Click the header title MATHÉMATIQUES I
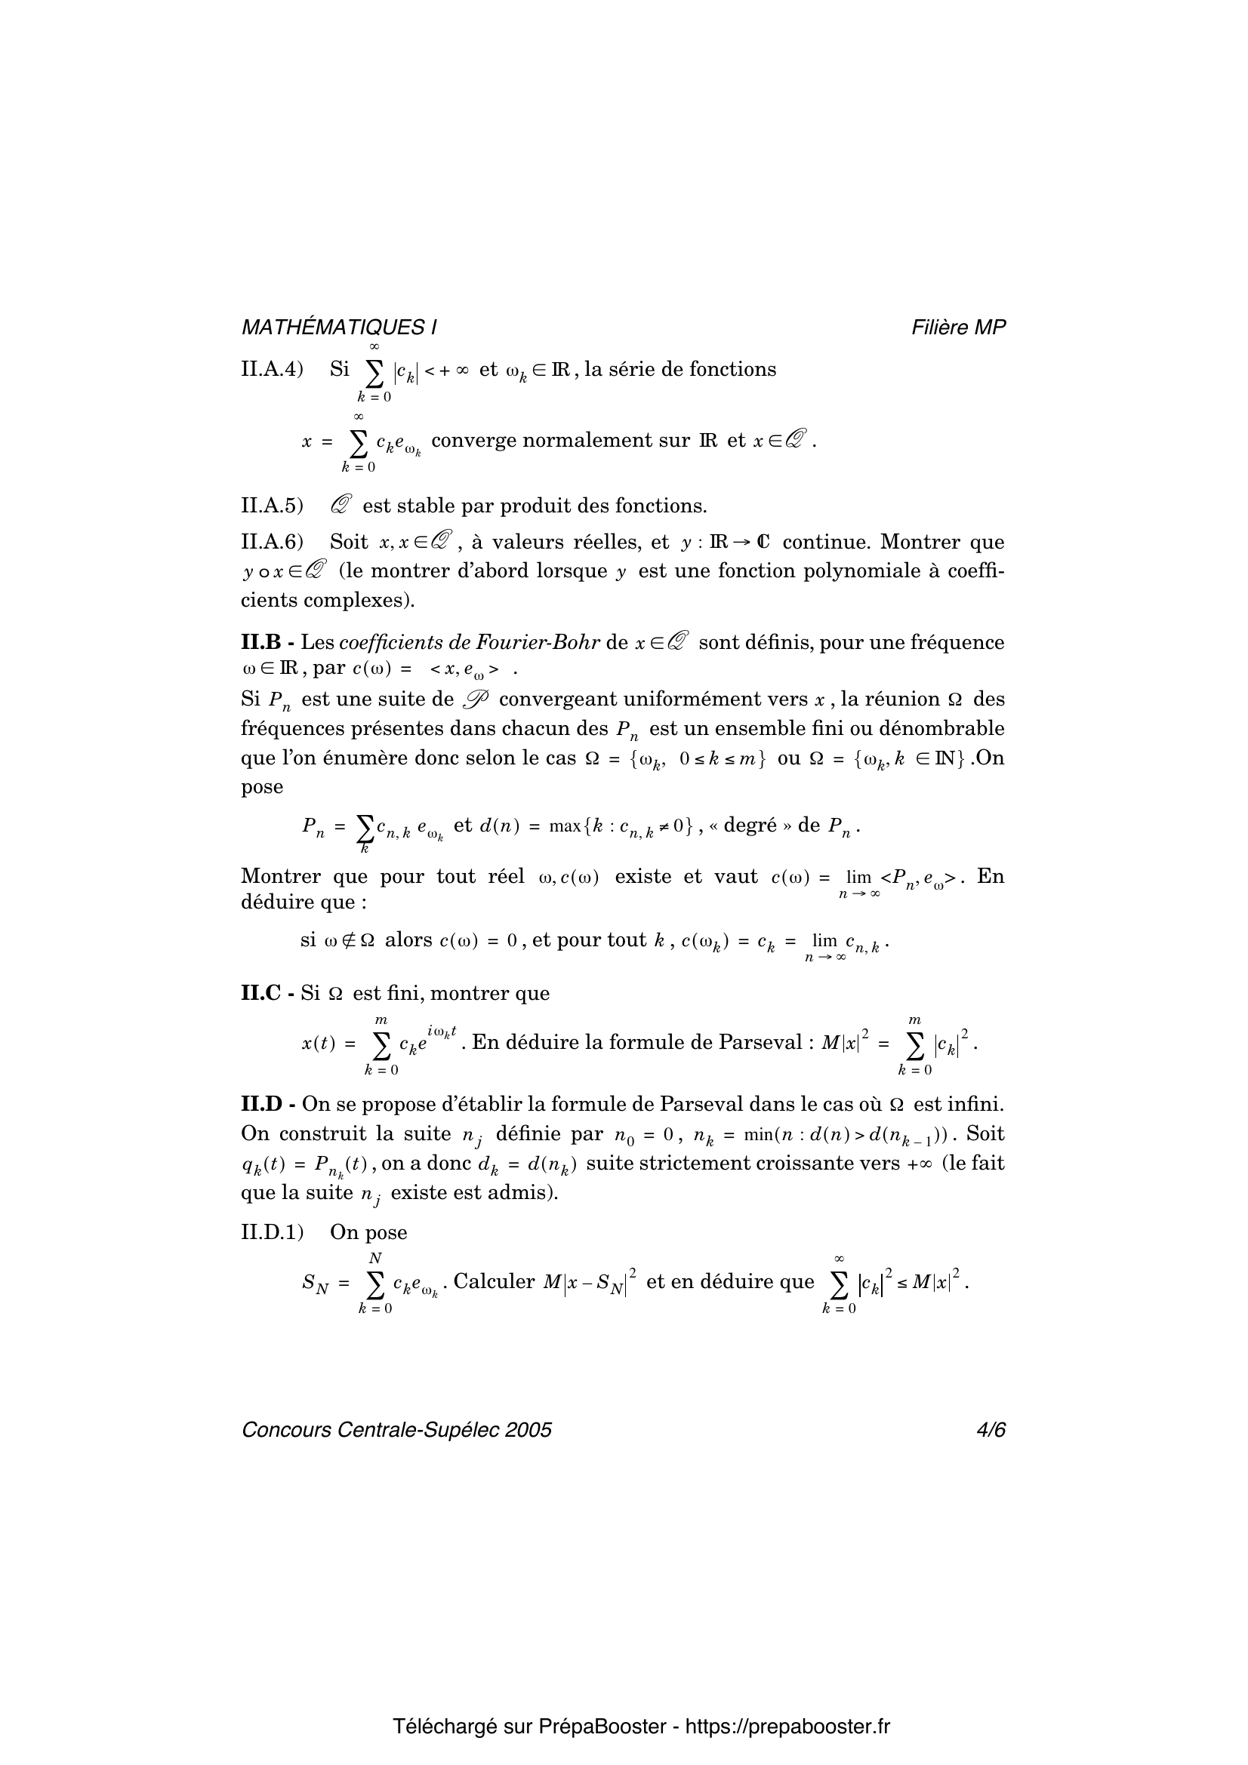pos(339,327)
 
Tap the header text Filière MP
pos(958,327)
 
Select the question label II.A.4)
pos(273,370)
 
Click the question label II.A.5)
pos(273,506)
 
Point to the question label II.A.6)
pos(273,542)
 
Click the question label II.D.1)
pos(273,1232)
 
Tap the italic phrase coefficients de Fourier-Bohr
pos(469,642)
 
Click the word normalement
pos(591,441)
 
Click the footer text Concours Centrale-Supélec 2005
pos(397,1430)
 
